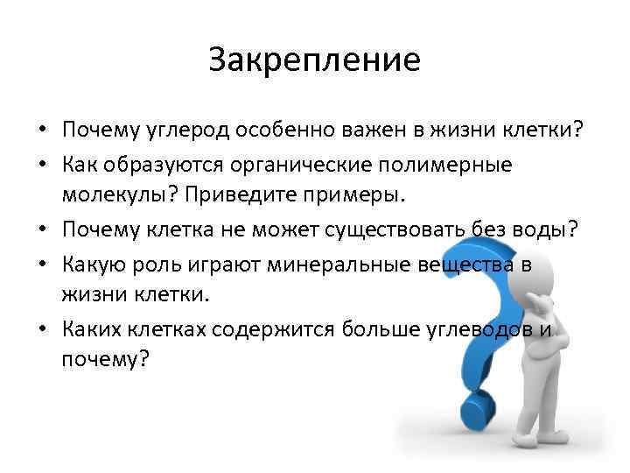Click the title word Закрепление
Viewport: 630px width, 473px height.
click(x=315, y=60)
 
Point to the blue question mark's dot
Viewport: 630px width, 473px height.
click(x=479, y=411)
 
